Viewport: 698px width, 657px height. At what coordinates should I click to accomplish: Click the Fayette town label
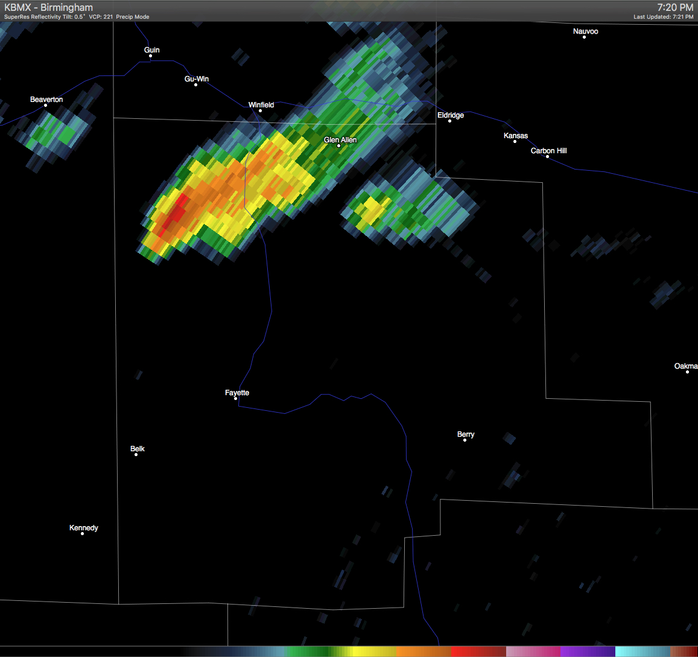237,393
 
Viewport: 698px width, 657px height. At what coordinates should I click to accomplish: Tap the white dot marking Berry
465,440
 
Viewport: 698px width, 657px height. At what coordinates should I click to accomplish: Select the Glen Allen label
340,140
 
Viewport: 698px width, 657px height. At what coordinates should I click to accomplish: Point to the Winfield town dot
260,111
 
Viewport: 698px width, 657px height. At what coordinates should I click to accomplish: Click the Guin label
152,50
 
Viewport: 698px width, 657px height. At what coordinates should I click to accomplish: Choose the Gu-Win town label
197,79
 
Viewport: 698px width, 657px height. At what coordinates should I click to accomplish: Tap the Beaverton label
46,100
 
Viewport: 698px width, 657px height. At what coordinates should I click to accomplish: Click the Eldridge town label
451,115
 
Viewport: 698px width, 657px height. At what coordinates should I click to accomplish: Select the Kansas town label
516,136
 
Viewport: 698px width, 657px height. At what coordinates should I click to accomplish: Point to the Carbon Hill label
548,151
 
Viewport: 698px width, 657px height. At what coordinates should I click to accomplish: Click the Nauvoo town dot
584,37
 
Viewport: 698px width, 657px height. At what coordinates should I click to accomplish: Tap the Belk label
138,449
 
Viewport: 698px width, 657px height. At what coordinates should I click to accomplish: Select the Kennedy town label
84,528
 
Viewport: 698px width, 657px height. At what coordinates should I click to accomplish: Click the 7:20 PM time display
675,8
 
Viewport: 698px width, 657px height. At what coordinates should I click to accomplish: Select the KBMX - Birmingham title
49,8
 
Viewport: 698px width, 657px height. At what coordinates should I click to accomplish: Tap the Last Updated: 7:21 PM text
663,17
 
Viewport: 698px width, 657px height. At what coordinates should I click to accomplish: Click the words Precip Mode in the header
133,17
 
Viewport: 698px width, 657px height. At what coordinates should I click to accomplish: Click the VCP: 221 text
101,17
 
